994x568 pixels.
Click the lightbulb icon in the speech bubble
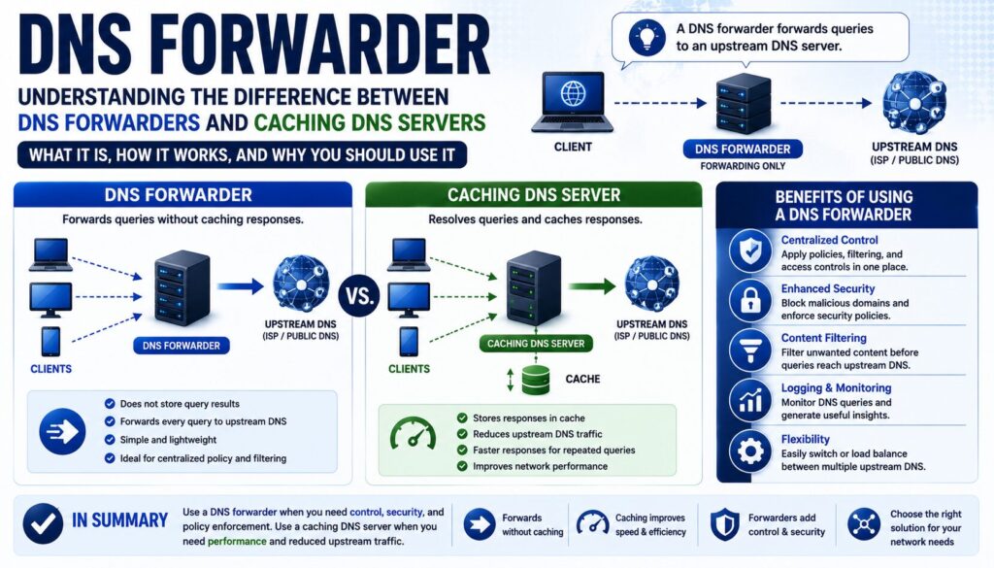(646, 37)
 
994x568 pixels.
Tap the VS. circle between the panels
(359, 295)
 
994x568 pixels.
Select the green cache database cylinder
(536, 380)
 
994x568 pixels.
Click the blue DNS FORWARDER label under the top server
(743, 149)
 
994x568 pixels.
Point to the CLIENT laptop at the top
(573, 102)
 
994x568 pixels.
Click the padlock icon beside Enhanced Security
(750, 299)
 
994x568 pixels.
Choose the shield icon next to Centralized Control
(750, 251)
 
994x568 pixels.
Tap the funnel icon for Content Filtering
(750, 350)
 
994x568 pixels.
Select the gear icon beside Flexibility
(750, 451)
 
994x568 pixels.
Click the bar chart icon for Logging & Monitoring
(750, 400)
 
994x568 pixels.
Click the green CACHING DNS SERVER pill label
(536, 344)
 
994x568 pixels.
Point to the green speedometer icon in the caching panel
(413, 433)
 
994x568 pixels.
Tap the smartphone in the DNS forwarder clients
(50, 342)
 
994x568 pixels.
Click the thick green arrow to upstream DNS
(591, 286)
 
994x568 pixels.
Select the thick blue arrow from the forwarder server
(240, 286)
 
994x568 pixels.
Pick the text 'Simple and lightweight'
(169, 439)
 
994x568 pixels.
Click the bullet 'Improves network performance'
(540, 466)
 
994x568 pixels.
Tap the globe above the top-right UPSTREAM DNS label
(914, 103)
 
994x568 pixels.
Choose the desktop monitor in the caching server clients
(409, 300)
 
